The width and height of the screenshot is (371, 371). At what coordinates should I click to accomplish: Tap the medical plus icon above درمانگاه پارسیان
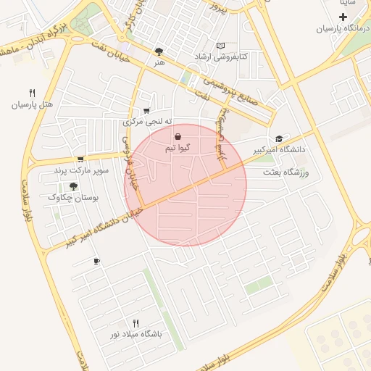tap(343, 17)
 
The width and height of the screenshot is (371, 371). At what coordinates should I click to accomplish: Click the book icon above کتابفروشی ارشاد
tap(221, 45)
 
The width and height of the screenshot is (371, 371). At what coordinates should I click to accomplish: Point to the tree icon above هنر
tap(159, 51)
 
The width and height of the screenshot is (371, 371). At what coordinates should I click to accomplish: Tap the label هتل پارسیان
tap(32, 104)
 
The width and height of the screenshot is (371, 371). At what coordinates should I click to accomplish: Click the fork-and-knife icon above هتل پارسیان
tap(32, 93)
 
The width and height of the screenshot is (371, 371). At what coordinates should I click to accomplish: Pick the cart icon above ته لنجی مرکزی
tap(146, 111)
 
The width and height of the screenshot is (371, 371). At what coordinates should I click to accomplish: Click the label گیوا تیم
tap(178, 148)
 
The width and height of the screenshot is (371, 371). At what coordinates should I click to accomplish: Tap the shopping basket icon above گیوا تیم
tap(178, 136)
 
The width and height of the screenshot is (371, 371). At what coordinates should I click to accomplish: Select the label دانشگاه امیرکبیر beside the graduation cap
tap(279, 150)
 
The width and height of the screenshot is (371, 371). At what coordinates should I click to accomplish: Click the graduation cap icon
tap(279, 138)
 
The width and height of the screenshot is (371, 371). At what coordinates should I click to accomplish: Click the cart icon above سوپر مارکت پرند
tap(80, 159)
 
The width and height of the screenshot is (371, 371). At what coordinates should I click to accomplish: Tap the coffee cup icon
tap(96, 261)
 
